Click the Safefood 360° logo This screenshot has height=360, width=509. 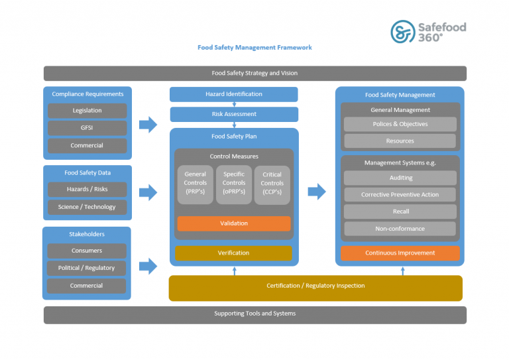coord(427,31)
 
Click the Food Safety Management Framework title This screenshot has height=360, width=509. coord(254,48)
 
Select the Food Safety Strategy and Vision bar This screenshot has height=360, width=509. coord(254,73)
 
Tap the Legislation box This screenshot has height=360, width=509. coord(87,111)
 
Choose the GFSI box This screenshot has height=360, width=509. coord(87,128)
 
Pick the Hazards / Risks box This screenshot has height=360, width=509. coord(87,189)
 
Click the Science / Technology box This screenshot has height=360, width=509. coord(87,207)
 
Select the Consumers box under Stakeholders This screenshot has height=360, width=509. coord(87,251)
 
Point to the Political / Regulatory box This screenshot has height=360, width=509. coord(87,268)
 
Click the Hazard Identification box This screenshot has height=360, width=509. coord(233,94)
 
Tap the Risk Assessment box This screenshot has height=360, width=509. coord(233,114)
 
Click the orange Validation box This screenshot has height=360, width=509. coord(233,223)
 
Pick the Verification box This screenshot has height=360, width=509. coord(233,253)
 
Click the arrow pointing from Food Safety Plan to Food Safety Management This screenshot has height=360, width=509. coord(317,192)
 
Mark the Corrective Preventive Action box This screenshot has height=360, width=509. coord(400,195)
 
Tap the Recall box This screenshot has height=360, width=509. coord(400,211)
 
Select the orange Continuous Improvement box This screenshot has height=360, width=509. coord(400,253)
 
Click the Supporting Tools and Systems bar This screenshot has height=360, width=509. coord(254,314)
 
